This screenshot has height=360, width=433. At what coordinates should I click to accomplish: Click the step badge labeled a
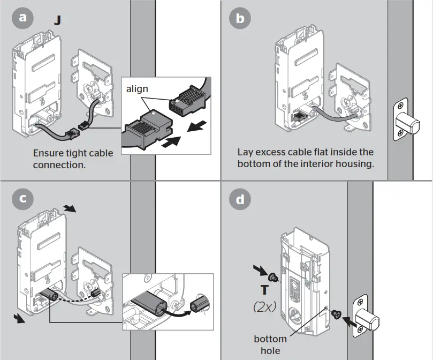22,18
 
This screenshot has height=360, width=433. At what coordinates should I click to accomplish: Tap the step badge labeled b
240,18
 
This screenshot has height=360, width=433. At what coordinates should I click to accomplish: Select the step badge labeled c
22,199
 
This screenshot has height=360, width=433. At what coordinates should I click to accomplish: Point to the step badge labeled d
240,199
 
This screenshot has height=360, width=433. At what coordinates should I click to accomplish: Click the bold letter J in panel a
57,21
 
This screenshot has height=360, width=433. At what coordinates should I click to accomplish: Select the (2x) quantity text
265,307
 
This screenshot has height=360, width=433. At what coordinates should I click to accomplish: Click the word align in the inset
137,89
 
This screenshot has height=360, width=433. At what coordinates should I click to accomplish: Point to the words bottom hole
270,344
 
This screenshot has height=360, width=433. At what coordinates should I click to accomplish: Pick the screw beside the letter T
274,277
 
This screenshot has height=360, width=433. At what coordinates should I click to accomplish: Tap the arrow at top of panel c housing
70,208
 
